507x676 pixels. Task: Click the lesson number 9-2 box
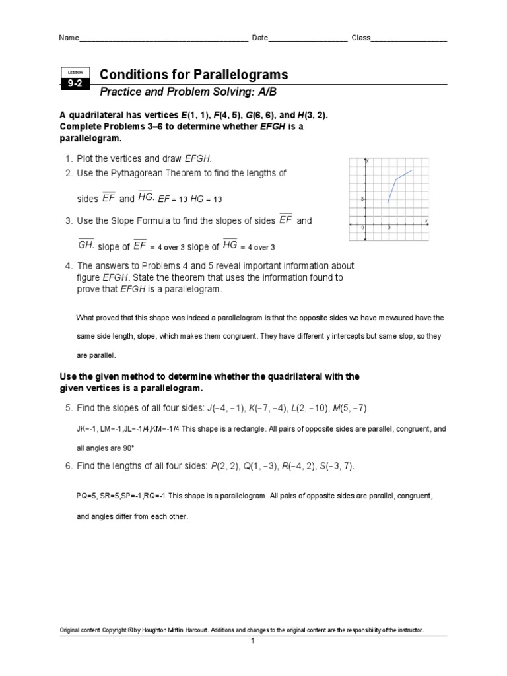72,83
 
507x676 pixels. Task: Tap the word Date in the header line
259,38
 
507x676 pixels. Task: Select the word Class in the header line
360,38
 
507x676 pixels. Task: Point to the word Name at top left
69,38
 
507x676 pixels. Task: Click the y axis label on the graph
366,162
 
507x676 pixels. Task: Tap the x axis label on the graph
426,220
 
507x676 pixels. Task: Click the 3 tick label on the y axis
362,199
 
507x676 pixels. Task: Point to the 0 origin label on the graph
362,228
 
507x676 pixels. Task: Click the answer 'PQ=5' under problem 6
87,495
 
